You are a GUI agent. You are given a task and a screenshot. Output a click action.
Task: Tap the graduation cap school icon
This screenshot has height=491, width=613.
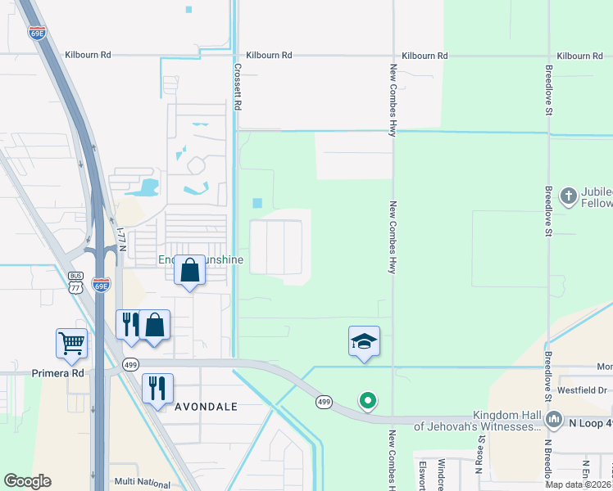364,341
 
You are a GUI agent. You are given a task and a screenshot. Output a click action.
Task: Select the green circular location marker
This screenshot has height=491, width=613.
368,401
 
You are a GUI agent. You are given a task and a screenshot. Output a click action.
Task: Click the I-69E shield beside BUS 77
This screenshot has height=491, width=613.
101,285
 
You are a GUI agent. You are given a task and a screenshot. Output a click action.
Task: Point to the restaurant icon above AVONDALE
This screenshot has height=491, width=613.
157,387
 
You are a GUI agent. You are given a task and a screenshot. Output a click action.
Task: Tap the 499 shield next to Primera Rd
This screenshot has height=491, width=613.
129,365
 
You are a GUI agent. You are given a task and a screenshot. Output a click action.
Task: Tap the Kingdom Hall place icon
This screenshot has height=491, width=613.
555,420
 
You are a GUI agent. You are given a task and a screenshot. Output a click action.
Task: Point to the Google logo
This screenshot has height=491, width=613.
27,481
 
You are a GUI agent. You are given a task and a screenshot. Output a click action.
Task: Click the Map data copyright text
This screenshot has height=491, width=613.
578,484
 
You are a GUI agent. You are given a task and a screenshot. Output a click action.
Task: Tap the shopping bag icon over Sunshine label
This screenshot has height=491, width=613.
189,269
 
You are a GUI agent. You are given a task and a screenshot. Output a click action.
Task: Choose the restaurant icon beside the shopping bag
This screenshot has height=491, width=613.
129,324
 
